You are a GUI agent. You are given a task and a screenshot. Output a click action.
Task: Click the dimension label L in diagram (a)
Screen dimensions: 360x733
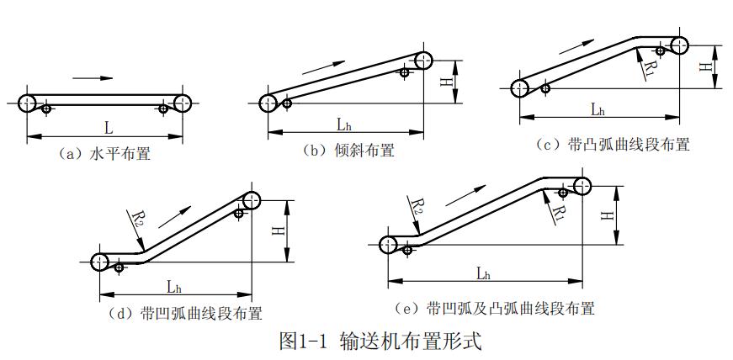(x=108, y=128)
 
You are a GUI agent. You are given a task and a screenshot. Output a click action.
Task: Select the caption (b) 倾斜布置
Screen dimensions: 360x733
(x=349, y=151)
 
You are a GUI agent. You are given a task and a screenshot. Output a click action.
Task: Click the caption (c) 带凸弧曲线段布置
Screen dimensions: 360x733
(x=613, y=145)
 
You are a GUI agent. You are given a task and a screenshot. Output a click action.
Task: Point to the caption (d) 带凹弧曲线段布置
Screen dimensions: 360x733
(x=186, y=314)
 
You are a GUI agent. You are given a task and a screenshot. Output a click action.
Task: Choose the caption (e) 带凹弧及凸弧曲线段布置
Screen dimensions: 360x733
(x=495, y=308)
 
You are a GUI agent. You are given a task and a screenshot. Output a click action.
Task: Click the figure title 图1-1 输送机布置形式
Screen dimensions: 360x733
(x=380, y=341)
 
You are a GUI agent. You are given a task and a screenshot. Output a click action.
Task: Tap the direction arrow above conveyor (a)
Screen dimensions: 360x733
(x=93, y=78)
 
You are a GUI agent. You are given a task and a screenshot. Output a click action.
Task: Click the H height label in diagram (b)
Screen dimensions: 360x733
(x=445, y=81)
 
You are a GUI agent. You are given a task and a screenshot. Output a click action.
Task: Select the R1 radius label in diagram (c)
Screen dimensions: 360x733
(x=649, y=66)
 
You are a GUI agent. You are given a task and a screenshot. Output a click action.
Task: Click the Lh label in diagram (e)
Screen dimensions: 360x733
(x=483, y=273)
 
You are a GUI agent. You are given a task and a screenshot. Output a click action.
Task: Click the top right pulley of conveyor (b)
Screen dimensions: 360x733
(x=423, y=60)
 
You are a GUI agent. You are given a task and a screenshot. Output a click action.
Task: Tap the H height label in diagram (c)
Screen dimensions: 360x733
(x=705, y=66)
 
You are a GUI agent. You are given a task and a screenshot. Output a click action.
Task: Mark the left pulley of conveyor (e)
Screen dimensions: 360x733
(x=388, y=244)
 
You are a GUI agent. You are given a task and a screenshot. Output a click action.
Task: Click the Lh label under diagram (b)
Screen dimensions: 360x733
(x=343, y=124)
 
